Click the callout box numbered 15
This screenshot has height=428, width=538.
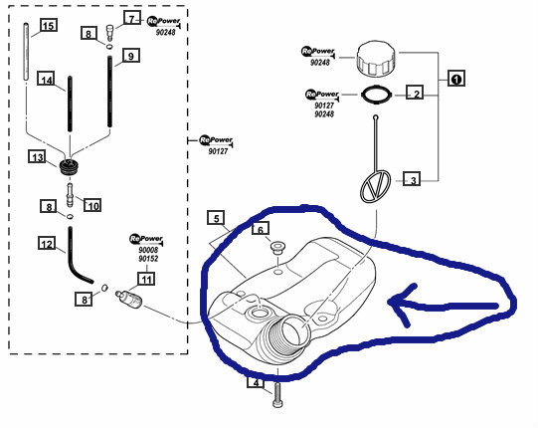point(49,25)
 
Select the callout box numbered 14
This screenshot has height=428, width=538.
point(47,79)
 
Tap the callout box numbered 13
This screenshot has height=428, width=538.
point(37,156)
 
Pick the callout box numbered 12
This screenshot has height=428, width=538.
point(47,243)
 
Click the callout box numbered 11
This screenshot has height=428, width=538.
point(146,279)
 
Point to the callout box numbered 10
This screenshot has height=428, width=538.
point(92,205)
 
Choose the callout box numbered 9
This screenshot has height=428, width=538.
point(130,56)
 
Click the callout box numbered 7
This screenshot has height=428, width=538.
point(132,18)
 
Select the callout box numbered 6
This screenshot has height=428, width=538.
point(261,228)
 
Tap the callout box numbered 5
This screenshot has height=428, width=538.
point(216,218)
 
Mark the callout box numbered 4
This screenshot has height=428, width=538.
point(256,381)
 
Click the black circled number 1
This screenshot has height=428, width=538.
point(456,79)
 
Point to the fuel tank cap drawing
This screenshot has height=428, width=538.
point(376,59)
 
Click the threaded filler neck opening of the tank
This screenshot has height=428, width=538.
point(292,331)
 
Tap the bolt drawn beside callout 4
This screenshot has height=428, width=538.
point(277,395)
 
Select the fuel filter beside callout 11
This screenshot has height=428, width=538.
point(129,298)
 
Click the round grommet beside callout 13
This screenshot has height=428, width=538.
point(69,166)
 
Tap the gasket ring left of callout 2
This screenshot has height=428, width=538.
point(376,95)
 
